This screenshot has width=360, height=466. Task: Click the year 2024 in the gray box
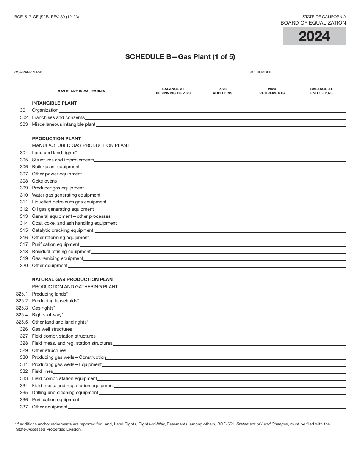[314, 36]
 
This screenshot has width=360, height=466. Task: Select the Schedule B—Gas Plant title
[180, 57]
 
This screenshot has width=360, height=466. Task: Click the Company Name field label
[29, 72]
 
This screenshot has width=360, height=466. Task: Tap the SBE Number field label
[260, 72]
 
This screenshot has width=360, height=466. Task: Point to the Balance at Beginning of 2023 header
[173, 91]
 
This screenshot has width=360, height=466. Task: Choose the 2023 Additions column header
[222, 91]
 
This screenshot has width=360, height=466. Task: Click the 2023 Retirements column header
[272, 91]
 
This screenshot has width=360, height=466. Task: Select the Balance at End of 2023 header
[321, 91]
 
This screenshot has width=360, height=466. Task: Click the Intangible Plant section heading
[54, 103]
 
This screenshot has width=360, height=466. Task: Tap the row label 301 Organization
[45, 110]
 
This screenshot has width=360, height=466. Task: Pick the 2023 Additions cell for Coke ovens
[222, 181]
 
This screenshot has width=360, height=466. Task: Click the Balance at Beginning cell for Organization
[173, 110]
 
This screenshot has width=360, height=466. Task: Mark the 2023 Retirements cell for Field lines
[272, 371]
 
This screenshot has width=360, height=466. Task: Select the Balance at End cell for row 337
[321, 407]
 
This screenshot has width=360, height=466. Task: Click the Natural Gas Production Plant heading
[74, 280]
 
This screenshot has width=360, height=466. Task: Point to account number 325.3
[22, 308]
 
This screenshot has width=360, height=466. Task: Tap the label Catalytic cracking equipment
[63, 230]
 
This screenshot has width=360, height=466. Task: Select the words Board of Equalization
[313, 23]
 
